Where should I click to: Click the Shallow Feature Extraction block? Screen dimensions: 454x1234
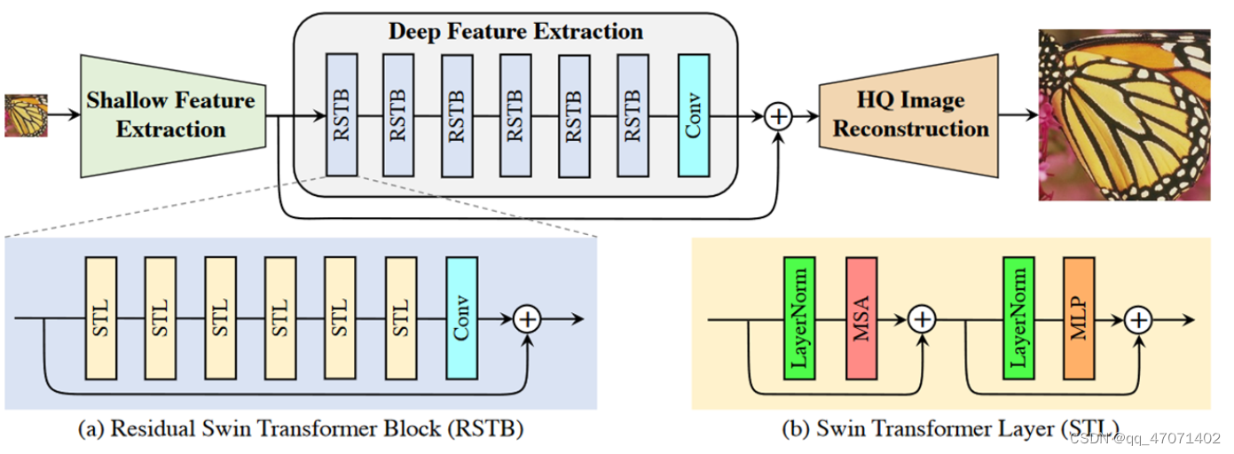click(x=172, y=115)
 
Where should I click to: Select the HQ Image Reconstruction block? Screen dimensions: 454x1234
click(x=910, y=115)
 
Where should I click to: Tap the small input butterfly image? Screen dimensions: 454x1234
click(x=26, y=115)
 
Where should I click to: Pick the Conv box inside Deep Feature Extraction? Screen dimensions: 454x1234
click(x=693, y=114)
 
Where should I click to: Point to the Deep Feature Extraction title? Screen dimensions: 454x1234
click(x=515, y=32)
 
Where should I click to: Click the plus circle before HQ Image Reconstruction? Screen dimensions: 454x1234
click(x=777, y=116)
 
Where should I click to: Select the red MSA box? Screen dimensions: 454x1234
click(x=861, y=318)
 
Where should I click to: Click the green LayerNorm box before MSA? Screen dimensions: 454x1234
click(x=799, y=318)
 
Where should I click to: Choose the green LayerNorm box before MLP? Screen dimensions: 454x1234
click(x=1018, y=318)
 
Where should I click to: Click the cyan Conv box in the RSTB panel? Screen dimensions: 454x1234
click(x=461, y=318)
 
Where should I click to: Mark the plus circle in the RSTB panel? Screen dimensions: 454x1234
click(x=528, y=318)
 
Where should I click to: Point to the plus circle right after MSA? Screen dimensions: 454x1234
click(x=924, y=318)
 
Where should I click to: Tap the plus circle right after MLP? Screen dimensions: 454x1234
click(x=1139, y=318)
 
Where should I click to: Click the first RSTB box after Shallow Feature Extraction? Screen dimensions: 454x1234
click(x=342, y=114)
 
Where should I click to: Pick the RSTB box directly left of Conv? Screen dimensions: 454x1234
click(x=633, y=114)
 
